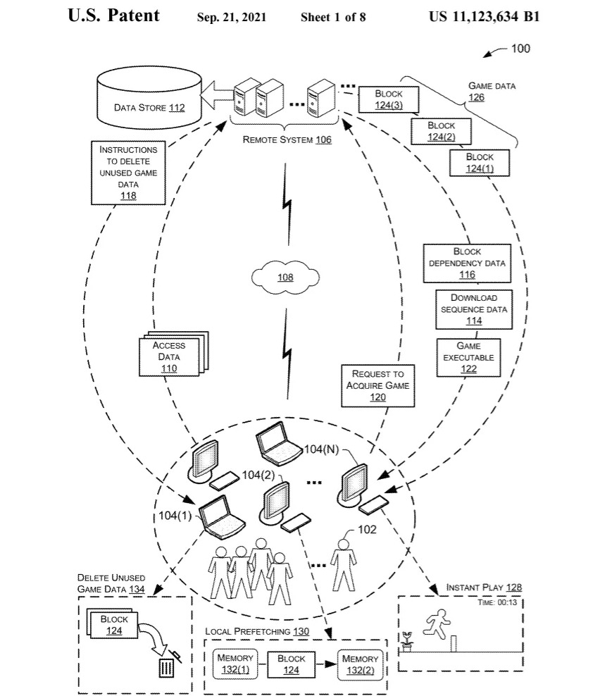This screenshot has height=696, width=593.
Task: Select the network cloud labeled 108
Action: pyautogui.click(x=285, y=277)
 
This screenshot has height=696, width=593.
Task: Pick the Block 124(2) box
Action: pyautogui.click(x=441, y=131)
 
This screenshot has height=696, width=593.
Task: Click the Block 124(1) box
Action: pyautogui.click(x=480, y=162)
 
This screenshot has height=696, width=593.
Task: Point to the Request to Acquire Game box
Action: pyautogui.click(x=377, y=385)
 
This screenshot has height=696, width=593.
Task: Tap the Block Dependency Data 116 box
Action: pyautogui.click(x=467, y=263)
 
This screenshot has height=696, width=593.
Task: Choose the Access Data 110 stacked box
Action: pyautogui.click(x=169, y=356)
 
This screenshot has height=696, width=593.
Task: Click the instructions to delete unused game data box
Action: pyautogui.click(x=128, y=172)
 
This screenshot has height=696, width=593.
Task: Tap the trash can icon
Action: pyautogui.click(x=167, y=664)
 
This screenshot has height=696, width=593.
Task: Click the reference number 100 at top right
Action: pyautogui.click(x=520, y=49)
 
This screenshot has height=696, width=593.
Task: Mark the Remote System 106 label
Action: pyautogui.click(x=287, y=139)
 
